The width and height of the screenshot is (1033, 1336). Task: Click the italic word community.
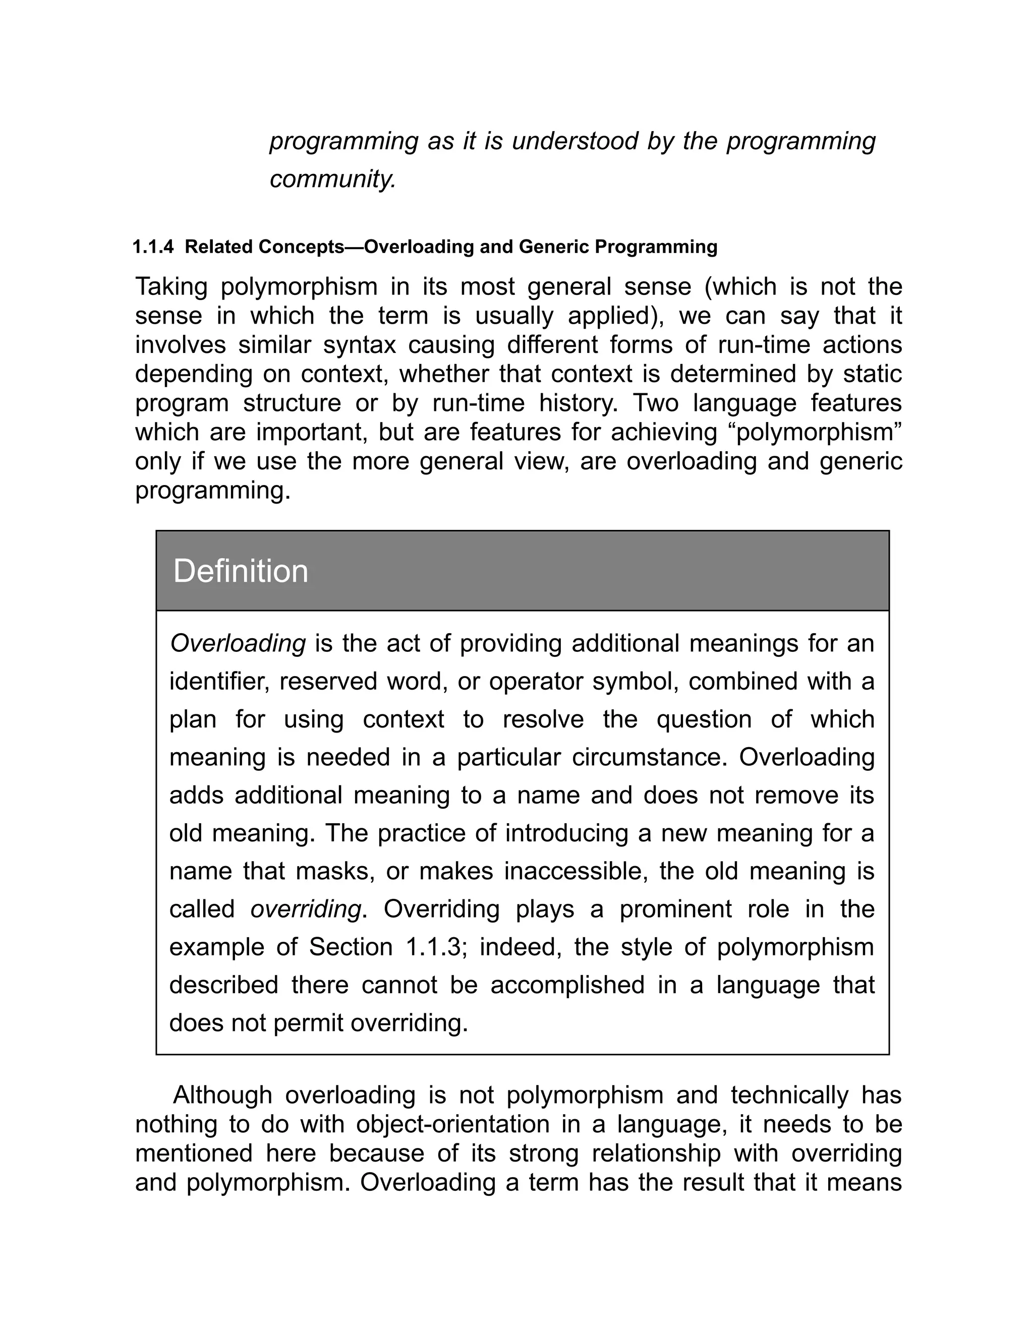click(333, 179)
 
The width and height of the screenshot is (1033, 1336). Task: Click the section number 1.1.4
click(153, 247)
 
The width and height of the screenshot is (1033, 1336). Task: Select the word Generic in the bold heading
click(554, 247)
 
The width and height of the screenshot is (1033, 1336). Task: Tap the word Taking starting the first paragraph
click(171, 287)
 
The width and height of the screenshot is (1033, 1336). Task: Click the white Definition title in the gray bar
click(241, 571)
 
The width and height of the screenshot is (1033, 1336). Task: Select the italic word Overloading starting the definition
click(238, 643)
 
